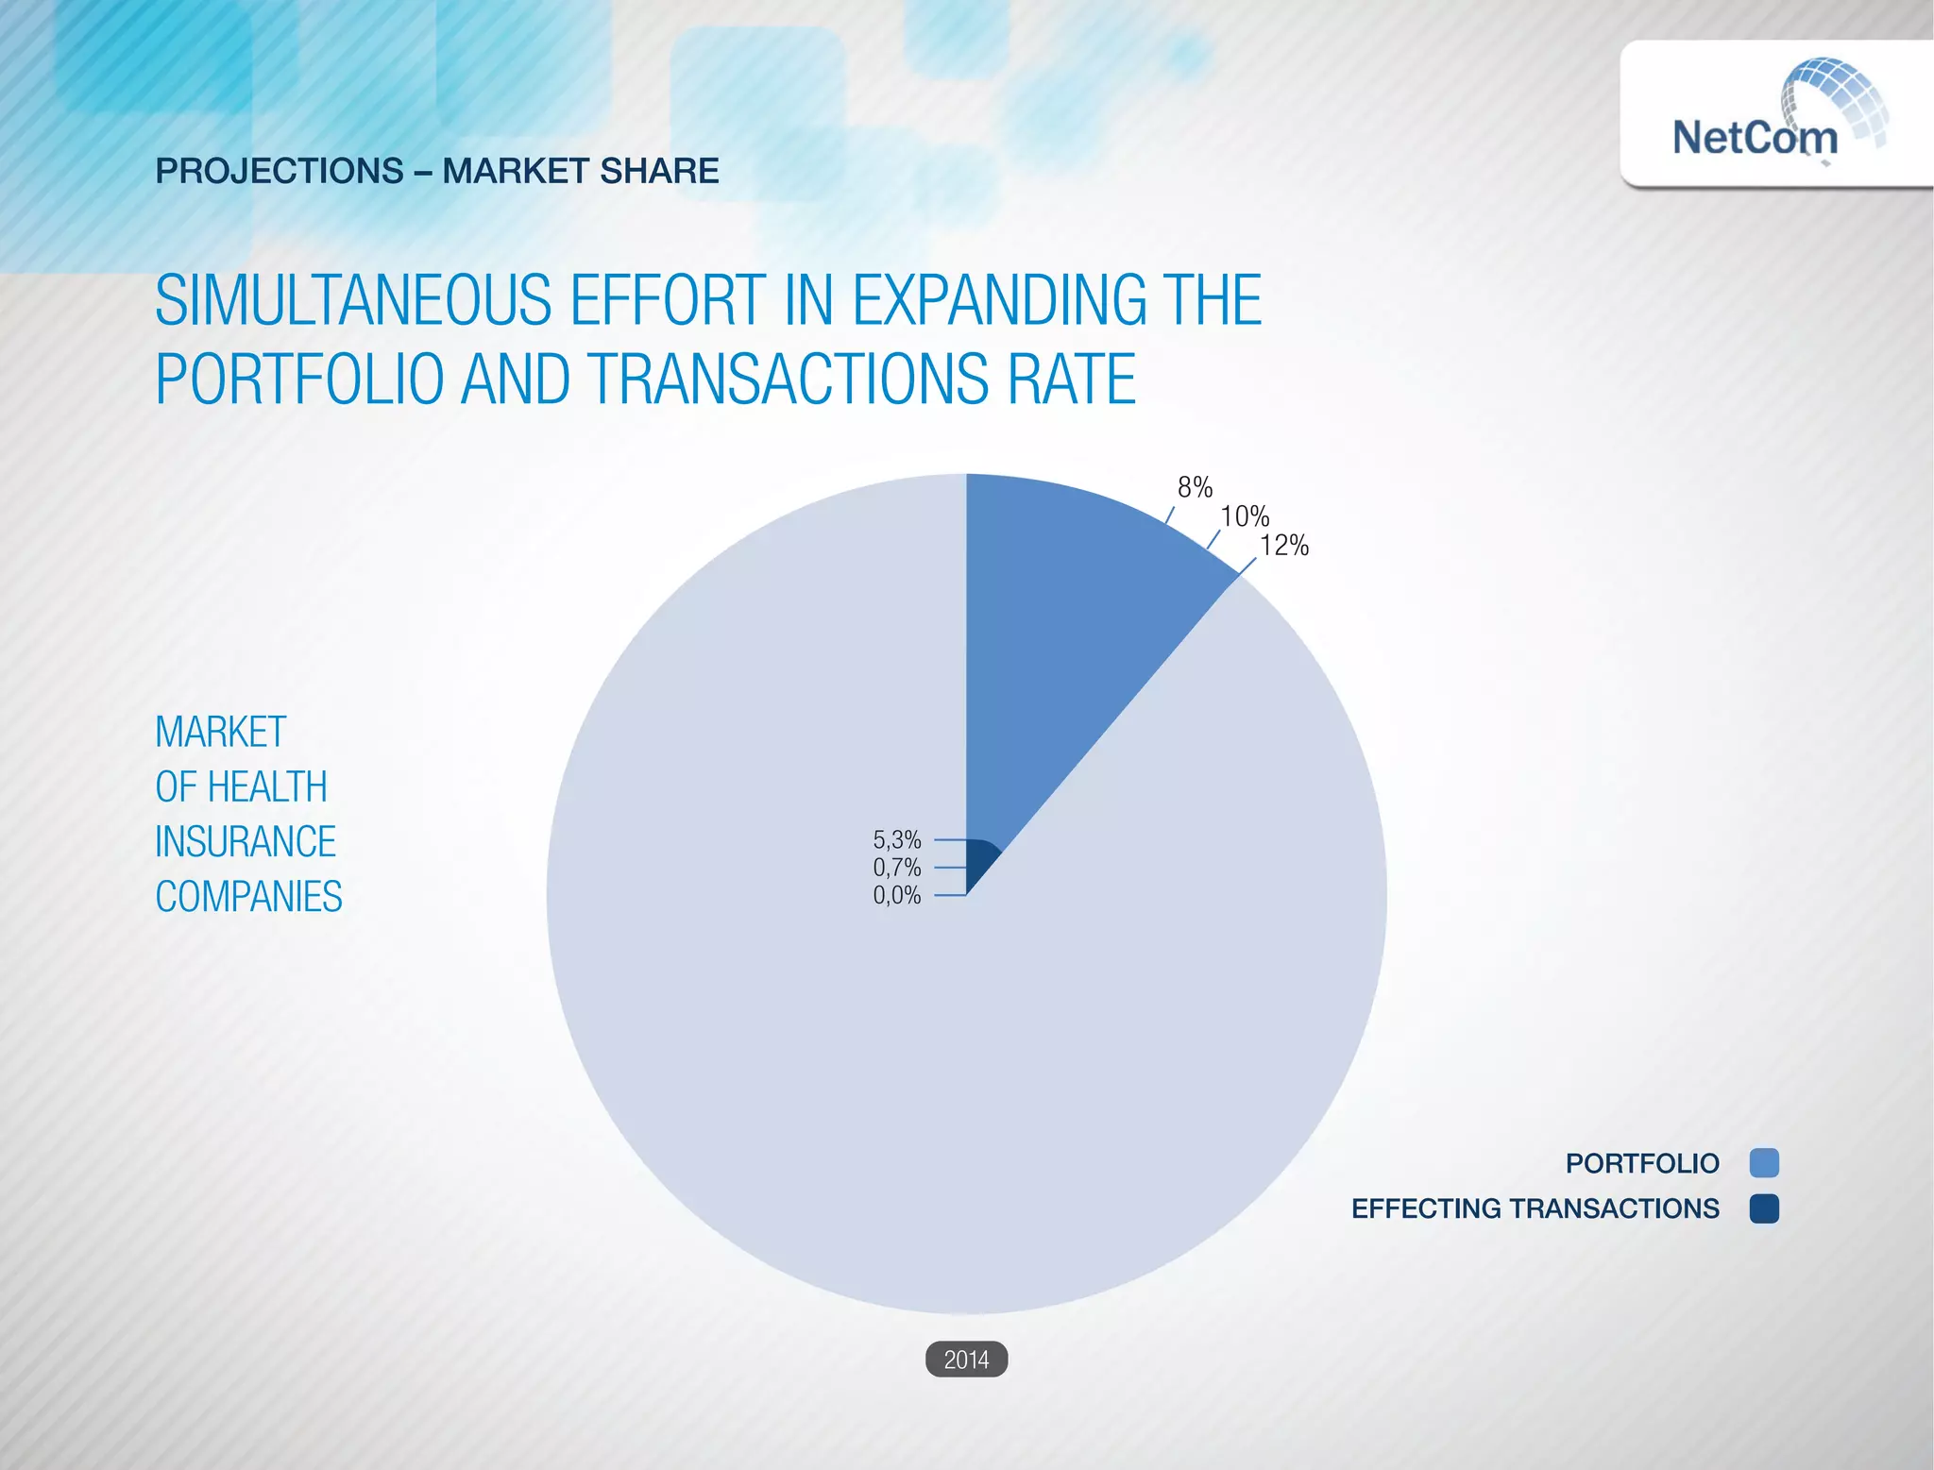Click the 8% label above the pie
coord(1194,487)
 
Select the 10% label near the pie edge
coord(1244,516)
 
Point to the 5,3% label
coord(896,839)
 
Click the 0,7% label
coord(896,867)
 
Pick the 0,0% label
coord(896,895)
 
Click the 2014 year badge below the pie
coord(966,1360)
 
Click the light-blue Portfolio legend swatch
coord(1763,1163)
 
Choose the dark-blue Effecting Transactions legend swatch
coord(1763,1208)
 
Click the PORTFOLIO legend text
coord(1641,1163)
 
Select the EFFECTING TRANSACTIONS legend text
coord(1535,1208)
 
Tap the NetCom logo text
coord(1754,138)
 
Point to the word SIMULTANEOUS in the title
coord(352,300)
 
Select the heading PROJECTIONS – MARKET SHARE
coord(436,171)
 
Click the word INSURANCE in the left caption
coord(245,841)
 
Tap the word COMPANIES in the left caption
coord(248,896)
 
